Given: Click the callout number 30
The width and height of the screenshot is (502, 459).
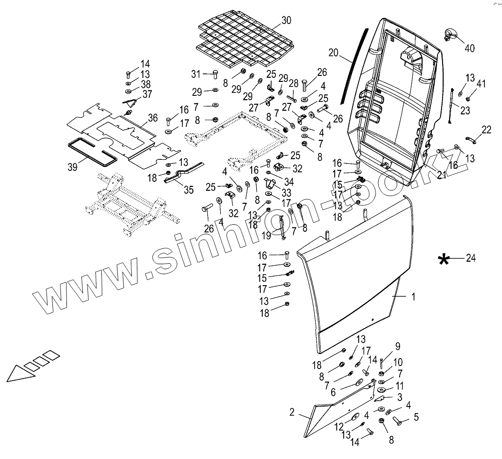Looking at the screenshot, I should [x=286, y=20].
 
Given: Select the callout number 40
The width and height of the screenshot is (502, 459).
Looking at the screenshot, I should [x=469, y=48].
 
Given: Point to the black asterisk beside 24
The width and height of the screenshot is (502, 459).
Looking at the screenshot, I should [x=443, y=259].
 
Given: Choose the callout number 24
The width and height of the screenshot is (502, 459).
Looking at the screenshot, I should [x=471, y=258].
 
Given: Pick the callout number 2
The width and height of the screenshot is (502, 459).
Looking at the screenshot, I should [x=291, y=413].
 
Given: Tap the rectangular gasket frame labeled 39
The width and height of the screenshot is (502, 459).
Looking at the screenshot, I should [x=92, y=151].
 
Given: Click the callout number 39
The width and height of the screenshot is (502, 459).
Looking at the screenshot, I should [x=73, y=167].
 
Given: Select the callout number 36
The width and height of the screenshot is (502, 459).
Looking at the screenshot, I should [x=153, y=118].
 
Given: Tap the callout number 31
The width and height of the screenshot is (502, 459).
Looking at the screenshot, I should [x=195, y=74].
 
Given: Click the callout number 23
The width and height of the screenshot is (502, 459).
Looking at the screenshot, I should [x=465, y=111].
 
